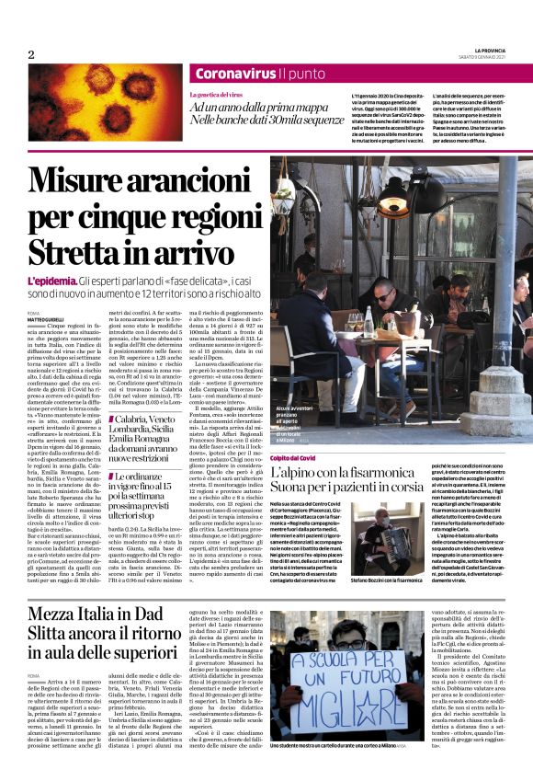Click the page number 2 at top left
click(x=30, y=54)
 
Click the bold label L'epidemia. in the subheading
click(x=51, y=280)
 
